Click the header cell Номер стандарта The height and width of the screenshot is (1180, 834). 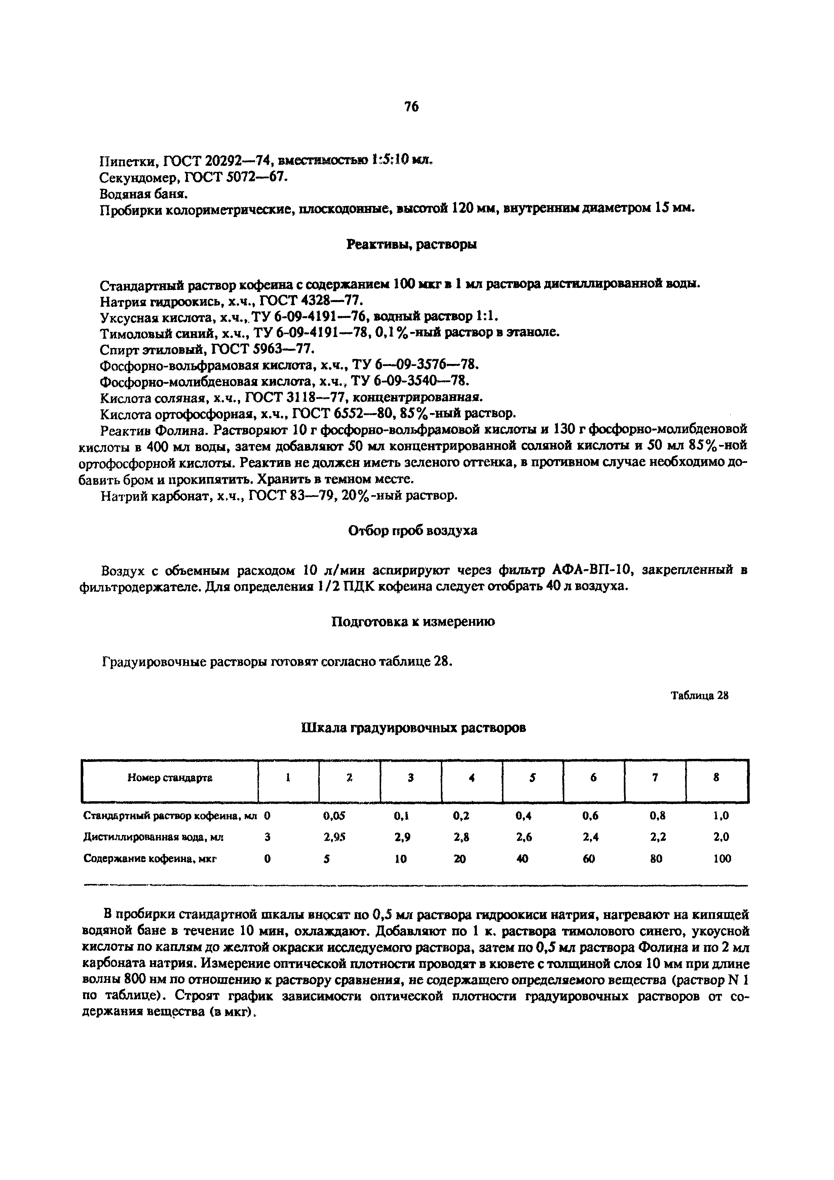pos(169,778)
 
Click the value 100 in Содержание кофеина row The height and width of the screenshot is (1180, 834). pos(722,858)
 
